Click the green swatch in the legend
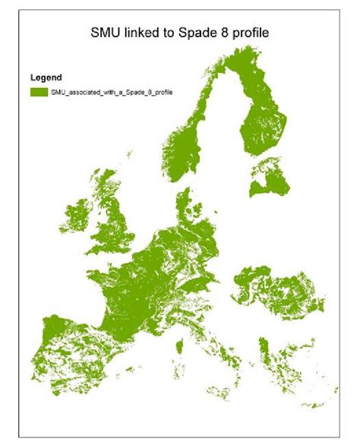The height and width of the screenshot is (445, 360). (38, 91)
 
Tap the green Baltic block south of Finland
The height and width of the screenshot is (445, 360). (270, 182)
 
